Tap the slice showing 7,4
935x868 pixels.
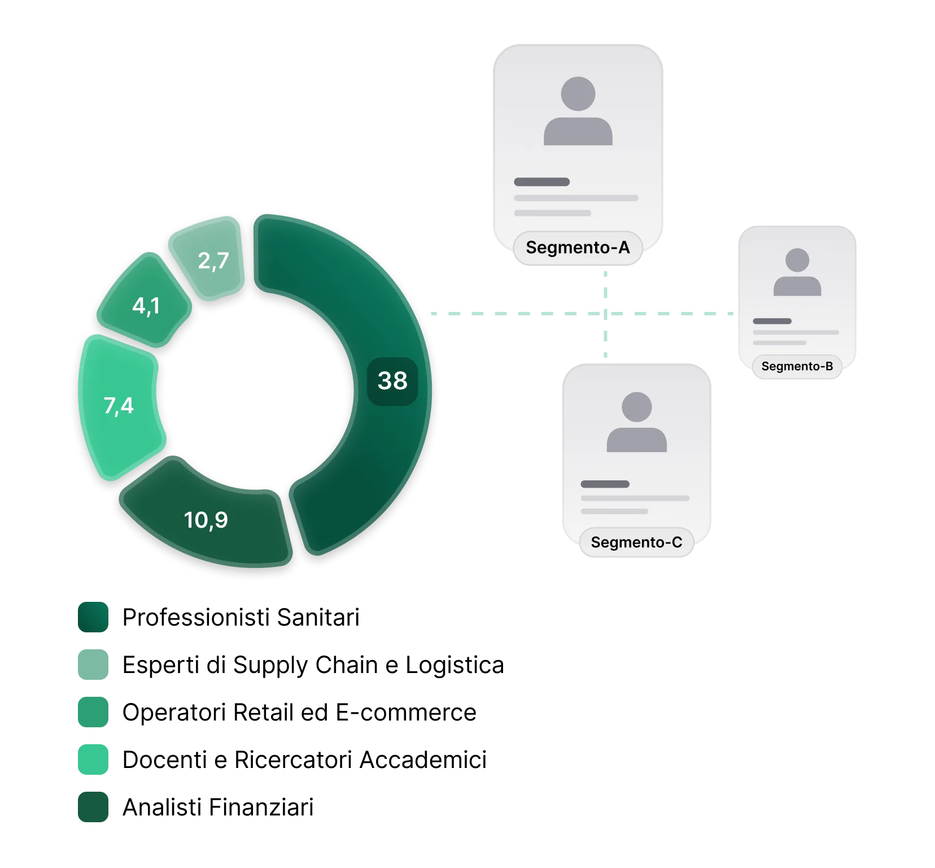coord(119,406)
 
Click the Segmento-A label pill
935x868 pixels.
coord(578,248)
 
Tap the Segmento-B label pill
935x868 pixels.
coord(797,366)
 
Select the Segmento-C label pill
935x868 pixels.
coord(636,542)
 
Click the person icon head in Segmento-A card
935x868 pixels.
coord(578,94)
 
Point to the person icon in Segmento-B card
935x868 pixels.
coord(797,272)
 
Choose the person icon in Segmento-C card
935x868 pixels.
coord(636,422)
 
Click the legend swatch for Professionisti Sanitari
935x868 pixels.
coord(93,617)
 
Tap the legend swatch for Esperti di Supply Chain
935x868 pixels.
coord(93,665)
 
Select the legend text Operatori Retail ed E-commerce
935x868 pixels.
coord(299,712)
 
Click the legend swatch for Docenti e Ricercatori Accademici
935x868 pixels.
coord(93,759)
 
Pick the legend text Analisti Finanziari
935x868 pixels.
coord(218,807)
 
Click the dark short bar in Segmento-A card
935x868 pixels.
coord(541,182)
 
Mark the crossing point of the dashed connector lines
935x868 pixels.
coord(605,313)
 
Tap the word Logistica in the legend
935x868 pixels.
coord(455,665)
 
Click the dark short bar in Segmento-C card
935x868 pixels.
coord(605,484)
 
